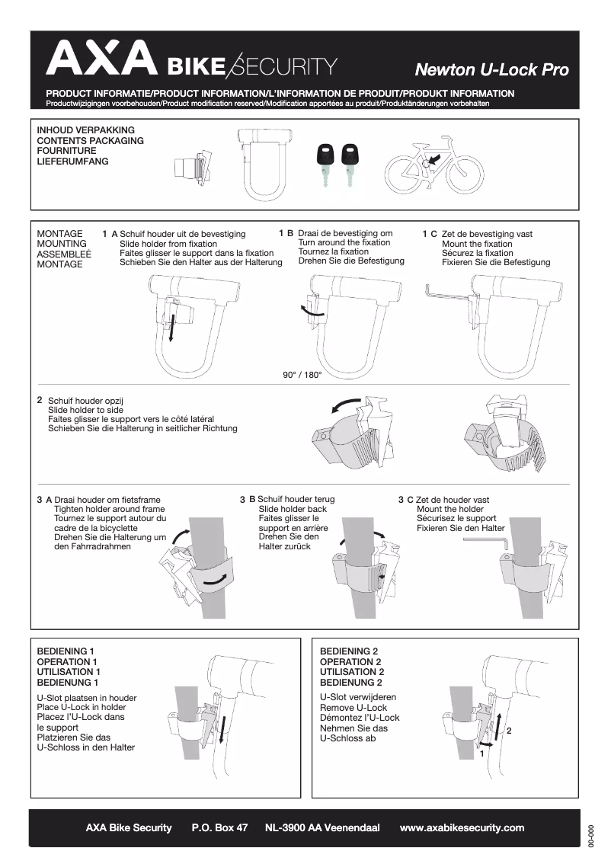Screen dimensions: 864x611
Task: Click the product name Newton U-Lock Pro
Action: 491,70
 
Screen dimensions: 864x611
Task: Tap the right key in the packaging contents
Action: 350,163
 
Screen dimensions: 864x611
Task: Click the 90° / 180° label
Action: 302,375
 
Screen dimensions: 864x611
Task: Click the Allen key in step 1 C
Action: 446,293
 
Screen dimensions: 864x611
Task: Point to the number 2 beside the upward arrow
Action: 508,731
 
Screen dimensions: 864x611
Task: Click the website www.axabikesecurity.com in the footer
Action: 462,827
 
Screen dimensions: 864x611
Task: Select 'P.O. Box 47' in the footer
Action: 219,827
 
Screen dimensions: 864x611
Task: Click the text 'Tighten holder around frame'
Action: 110,509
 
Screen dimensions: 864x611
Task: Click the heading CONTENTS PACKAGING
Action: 91,141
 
